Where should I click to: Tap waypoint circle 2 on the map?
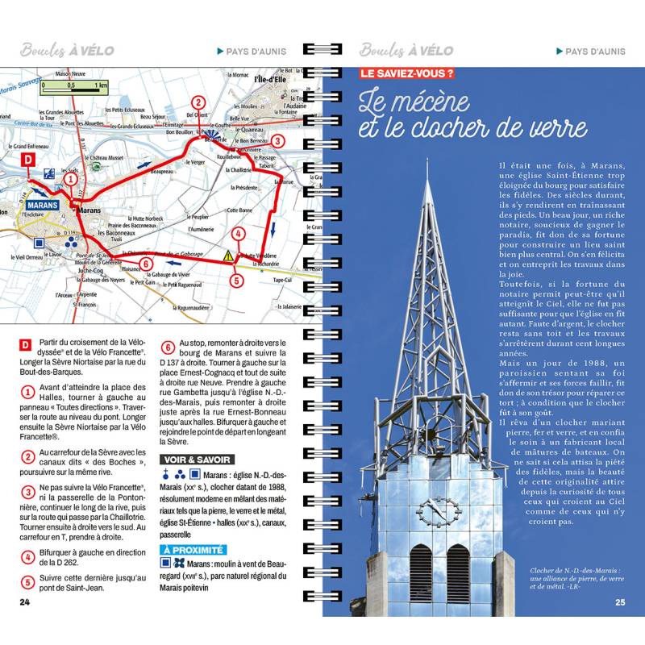coord(197,102)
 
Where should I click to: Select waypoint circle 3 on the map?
coord(277,140)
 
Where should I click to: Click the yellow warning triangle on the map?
coord(229,255)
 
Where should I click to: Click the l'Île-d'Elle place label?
coord(269,79)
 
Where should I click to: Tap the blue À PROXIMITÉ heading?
coord(193,550)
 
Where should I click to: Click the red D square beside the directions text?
coord(26,345)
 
